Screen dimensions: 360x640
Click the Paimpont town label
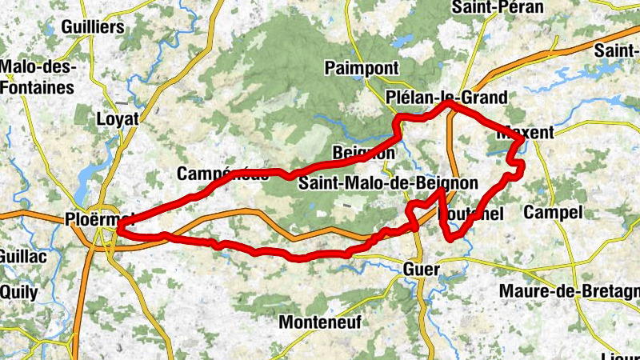[x=358, y=69]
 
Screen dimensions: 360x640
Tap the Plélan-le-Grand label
[x=446, y=97]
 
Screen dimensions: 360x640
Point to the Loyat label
[x=118, y=118]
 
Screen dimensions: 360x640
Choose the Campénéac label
[x=222, y=174]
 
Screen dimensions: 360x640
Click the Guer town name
[x=422, y=270]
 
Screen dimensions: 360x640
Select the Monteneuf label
[x=320, y=322]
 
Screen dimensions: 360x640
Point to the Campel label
[x=552, y=213]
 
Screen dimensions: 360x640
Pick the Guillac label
[x=25, y=257]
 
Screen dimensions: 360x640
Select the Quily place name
[x=18, y=292]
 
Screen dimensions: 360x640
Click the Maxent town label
[x=525, y=133]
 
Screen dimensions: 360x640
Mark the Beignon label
[x=363, y=152]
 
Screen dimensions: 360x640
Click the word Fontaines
[x=37, y=88]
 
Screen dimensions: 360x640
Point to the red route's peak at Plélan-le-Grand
[x=448, y=103]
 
